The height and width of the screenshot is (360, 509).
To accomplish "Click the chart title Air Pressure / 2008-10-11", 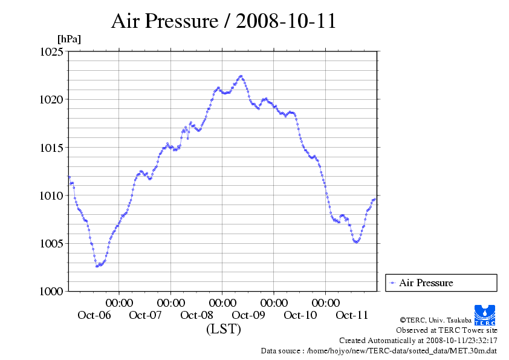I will tap(224, 21).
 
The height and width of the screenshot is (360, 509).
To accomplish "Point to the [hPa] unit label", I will tap(69, 39).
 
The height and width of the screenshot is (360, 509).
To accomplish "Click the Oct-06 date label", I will tap(94, 315).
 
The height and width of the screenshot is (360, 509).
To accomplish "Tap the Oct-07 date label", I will tap(145, 315).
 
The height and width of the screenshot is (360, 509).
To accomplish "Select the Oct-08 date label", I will tap(197, 315).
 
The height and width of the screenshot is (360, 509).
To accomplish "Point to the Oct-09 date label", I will tap(248, 315).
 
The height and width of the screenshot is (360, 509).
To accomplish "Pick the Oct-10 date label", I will tap(300, 315).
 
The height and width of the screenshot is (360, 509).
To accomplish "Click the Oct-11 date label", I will tap(352, 315).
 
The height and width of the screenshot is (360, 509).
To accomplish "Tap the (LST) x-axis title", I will tap(224, 330).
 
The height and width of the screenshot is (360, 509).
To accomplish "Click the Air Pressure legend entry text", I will tap(426, 283).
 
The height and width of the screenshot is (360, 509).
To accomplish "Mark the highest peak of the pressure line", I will tap(241, 76).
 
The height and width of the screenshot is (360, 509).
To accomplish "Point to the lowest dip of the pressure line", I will tap(97, 266).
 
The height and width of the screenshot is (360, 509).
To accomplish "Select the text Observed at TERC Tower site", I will tap(447, 330).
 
